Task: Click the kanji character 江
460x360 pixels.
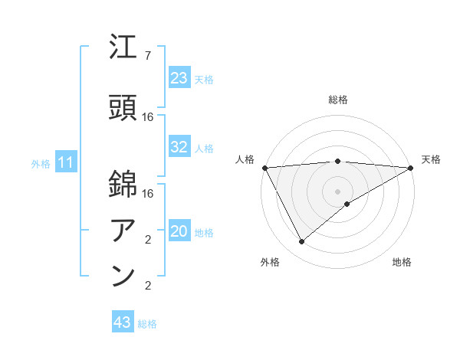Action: pyautogui.click(x=123, y=48)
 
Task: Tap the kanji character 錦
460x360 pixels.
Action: pyautogui.click(x=123, y=185)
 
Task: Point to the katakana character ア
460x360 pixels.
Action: pyautogui.click(x=123, y=229)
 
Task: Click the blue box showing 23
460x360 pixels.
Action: pyautogui.click(x=179, y=78)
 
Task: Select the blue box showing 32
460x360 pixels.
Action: pyautogui.click(x=179, y=147)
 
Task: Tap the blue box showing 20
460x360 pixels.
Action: pyautogui.click(x=179, y=232)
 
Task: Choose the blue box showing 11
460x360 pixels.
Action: pyautogui.click(x=65, y=162)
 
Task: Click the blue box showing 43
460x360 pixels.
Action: pyautogui.click(x=122, y=323)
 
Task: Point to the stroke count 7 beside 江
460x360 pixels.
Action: pyautogui.click(x=148, y=56)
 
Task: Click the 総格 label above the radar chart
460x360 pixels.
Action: pyautogui.click(x=338, y=100)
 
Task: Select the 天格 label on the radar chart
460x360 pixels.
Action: pyautogui.click(x=431, y=159)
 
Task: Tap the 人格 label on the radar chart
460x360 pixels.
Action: pyautogui.click(x=245, y=159)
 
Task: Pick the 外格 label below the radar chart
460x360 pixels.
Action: pyautogui.click(x=270, y=262)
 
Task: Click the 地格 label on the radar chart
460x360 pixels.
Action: pyautogui.click(x=402, y=262)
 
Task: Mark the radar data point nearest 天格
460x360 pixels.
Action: pyautogui.click(x=411, y=167)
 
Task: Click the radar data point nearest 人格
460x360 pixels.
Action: pyautogui.click(x=264, y=167)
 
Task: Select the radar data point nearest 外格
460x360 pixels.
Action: pyautogui.click(x=301, y=242)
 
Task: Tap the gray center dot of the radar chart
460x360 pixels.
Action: pyautogui.click(x=338, y=191)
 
